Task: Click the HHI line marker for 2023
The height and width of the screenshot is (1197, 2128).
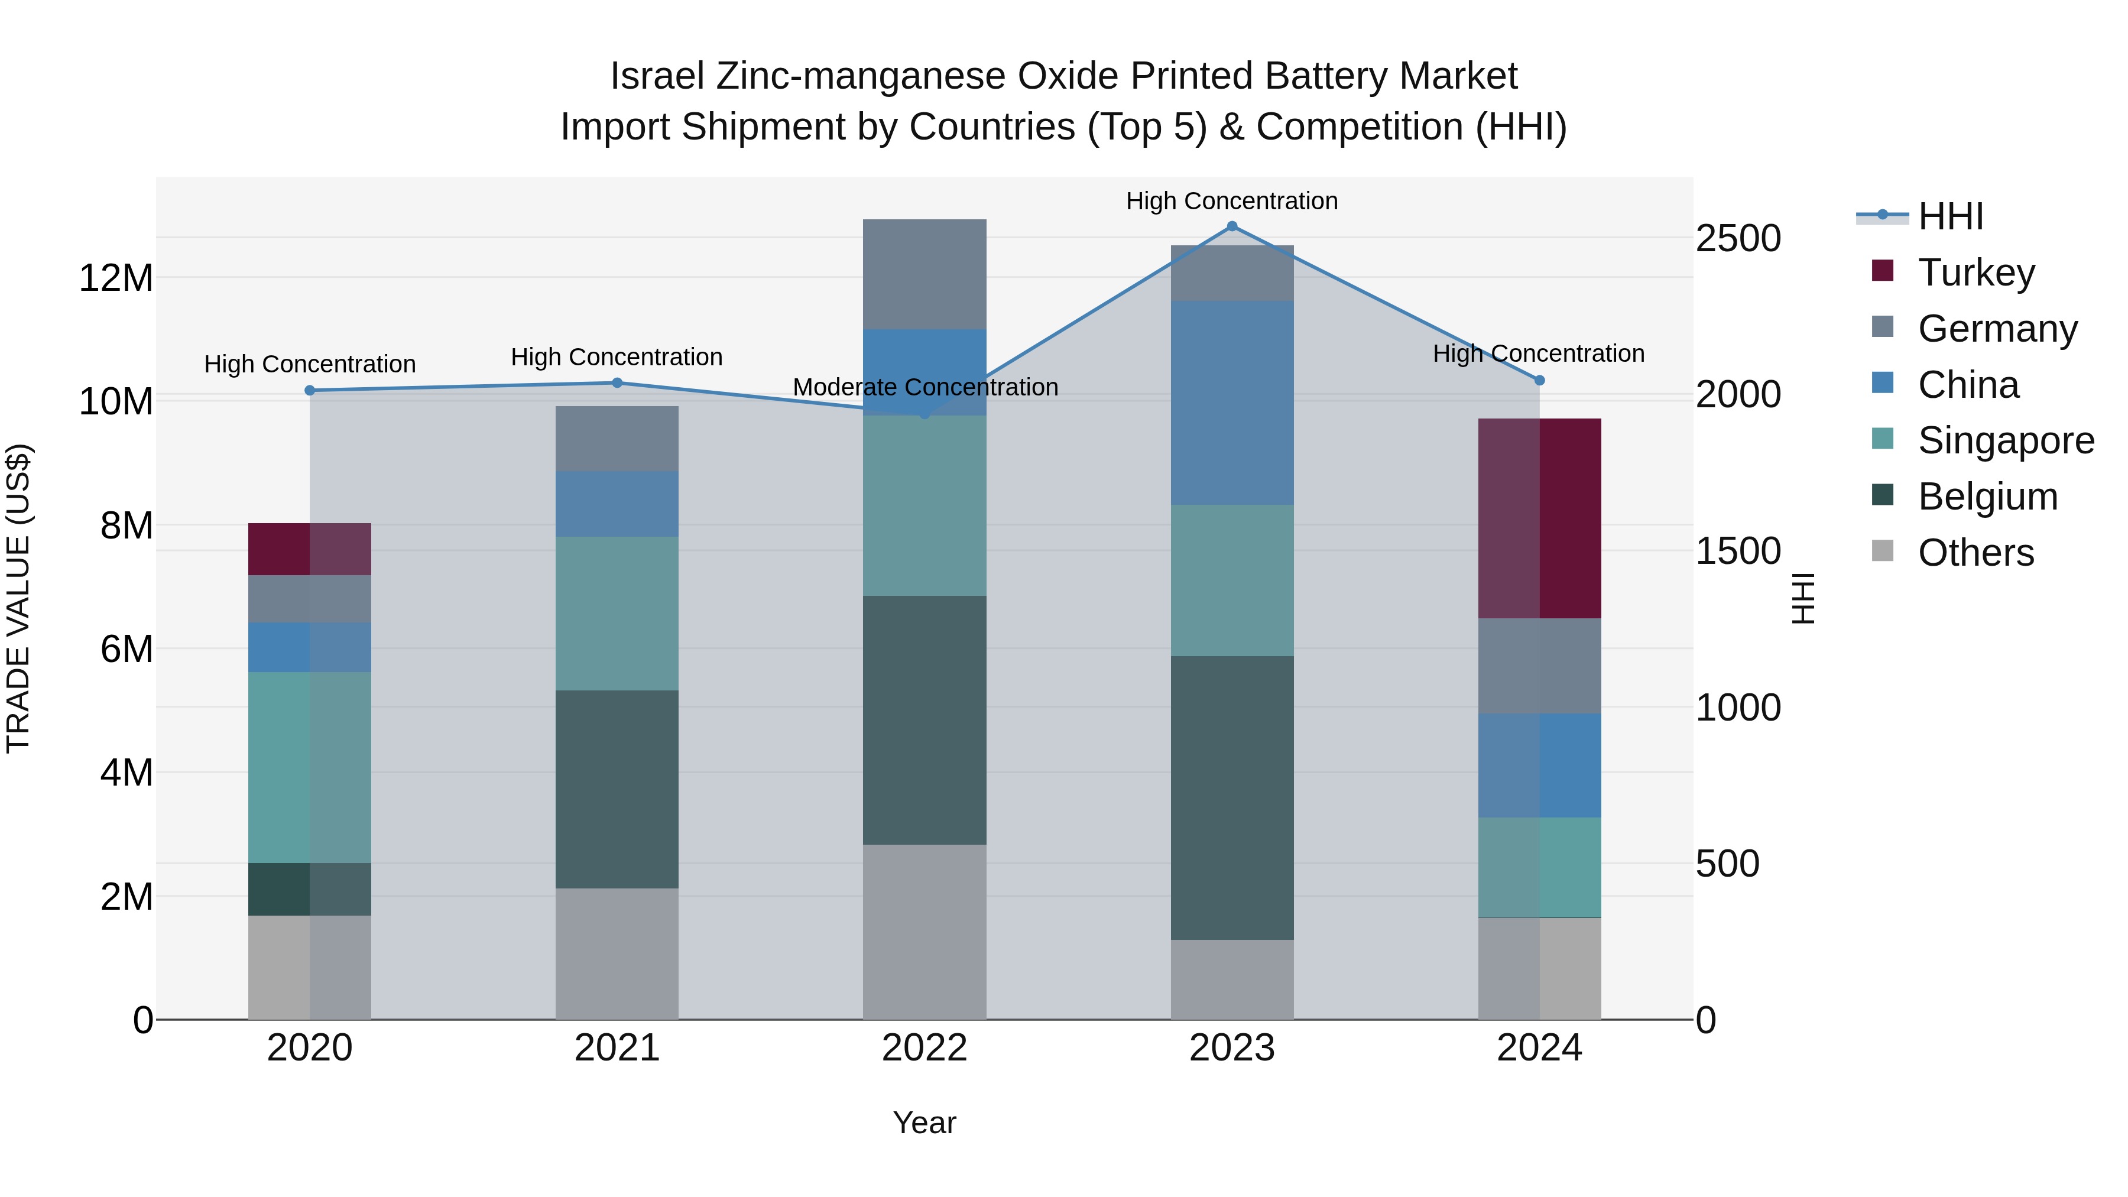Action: pyautogui.click(x=1232, y=226)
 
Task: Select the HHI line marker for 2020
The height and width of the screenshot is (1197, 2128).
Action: pyautogui.click(x=310, y=391)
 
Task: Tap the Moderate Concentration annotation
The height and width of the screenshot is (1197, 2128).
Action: pyautogui.click(x=924, y=387)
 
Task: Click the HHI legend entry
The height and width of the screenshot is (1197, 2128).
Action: pyautogui.click(x=1949, y=216)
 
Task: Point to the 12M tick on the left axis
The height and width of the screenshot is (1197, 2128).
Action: pyautogui.click(x=116, y=278)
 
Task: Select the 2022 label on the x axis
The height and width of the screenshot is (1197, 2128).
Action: pyautogui.click(x=924, y=1048)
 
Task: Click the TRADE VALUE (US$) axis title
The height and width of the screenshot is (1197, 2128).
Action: pyautogui.click(x=18, y=598)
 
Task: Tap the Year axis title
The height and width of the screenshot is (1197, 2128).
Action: pyautogui.click(x=924, y=1123)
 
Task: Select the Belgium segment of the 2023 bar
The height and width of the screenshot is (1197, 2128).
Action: pyautogui.click(x=1232, y=797)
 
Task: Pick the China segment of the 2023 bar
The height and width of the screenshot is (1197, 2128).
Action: pyautogui.click(x=1232, y=403)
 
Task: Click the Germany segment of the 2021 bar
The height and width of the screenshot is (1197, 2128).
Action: pyautogui.click(x=617, y=438)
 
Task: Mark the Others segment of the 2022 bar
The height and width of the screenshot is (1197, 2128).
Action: pyautogui.click(x=924, y=931)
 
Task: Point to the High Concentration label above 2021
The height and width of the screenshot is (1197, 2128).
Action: pyautogui.click(x=617, y=357)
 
